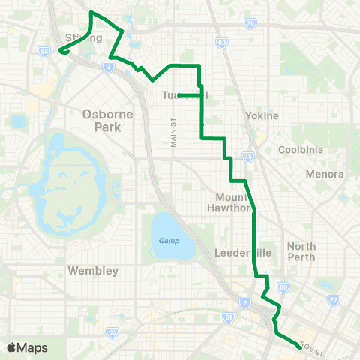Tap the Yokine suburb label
tap(262, 116)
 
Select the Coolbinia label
tap(300, 150)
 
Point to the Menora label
tap(325, 175)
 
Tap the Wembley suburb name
tap(94, 270)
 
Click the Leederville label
tap(236, 253)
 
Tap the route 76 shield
tap(250, 23)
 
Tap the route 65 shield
tap(112, 331)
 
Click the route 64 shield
tap(44, 51)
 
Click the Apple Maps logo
tap(27, 347)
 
